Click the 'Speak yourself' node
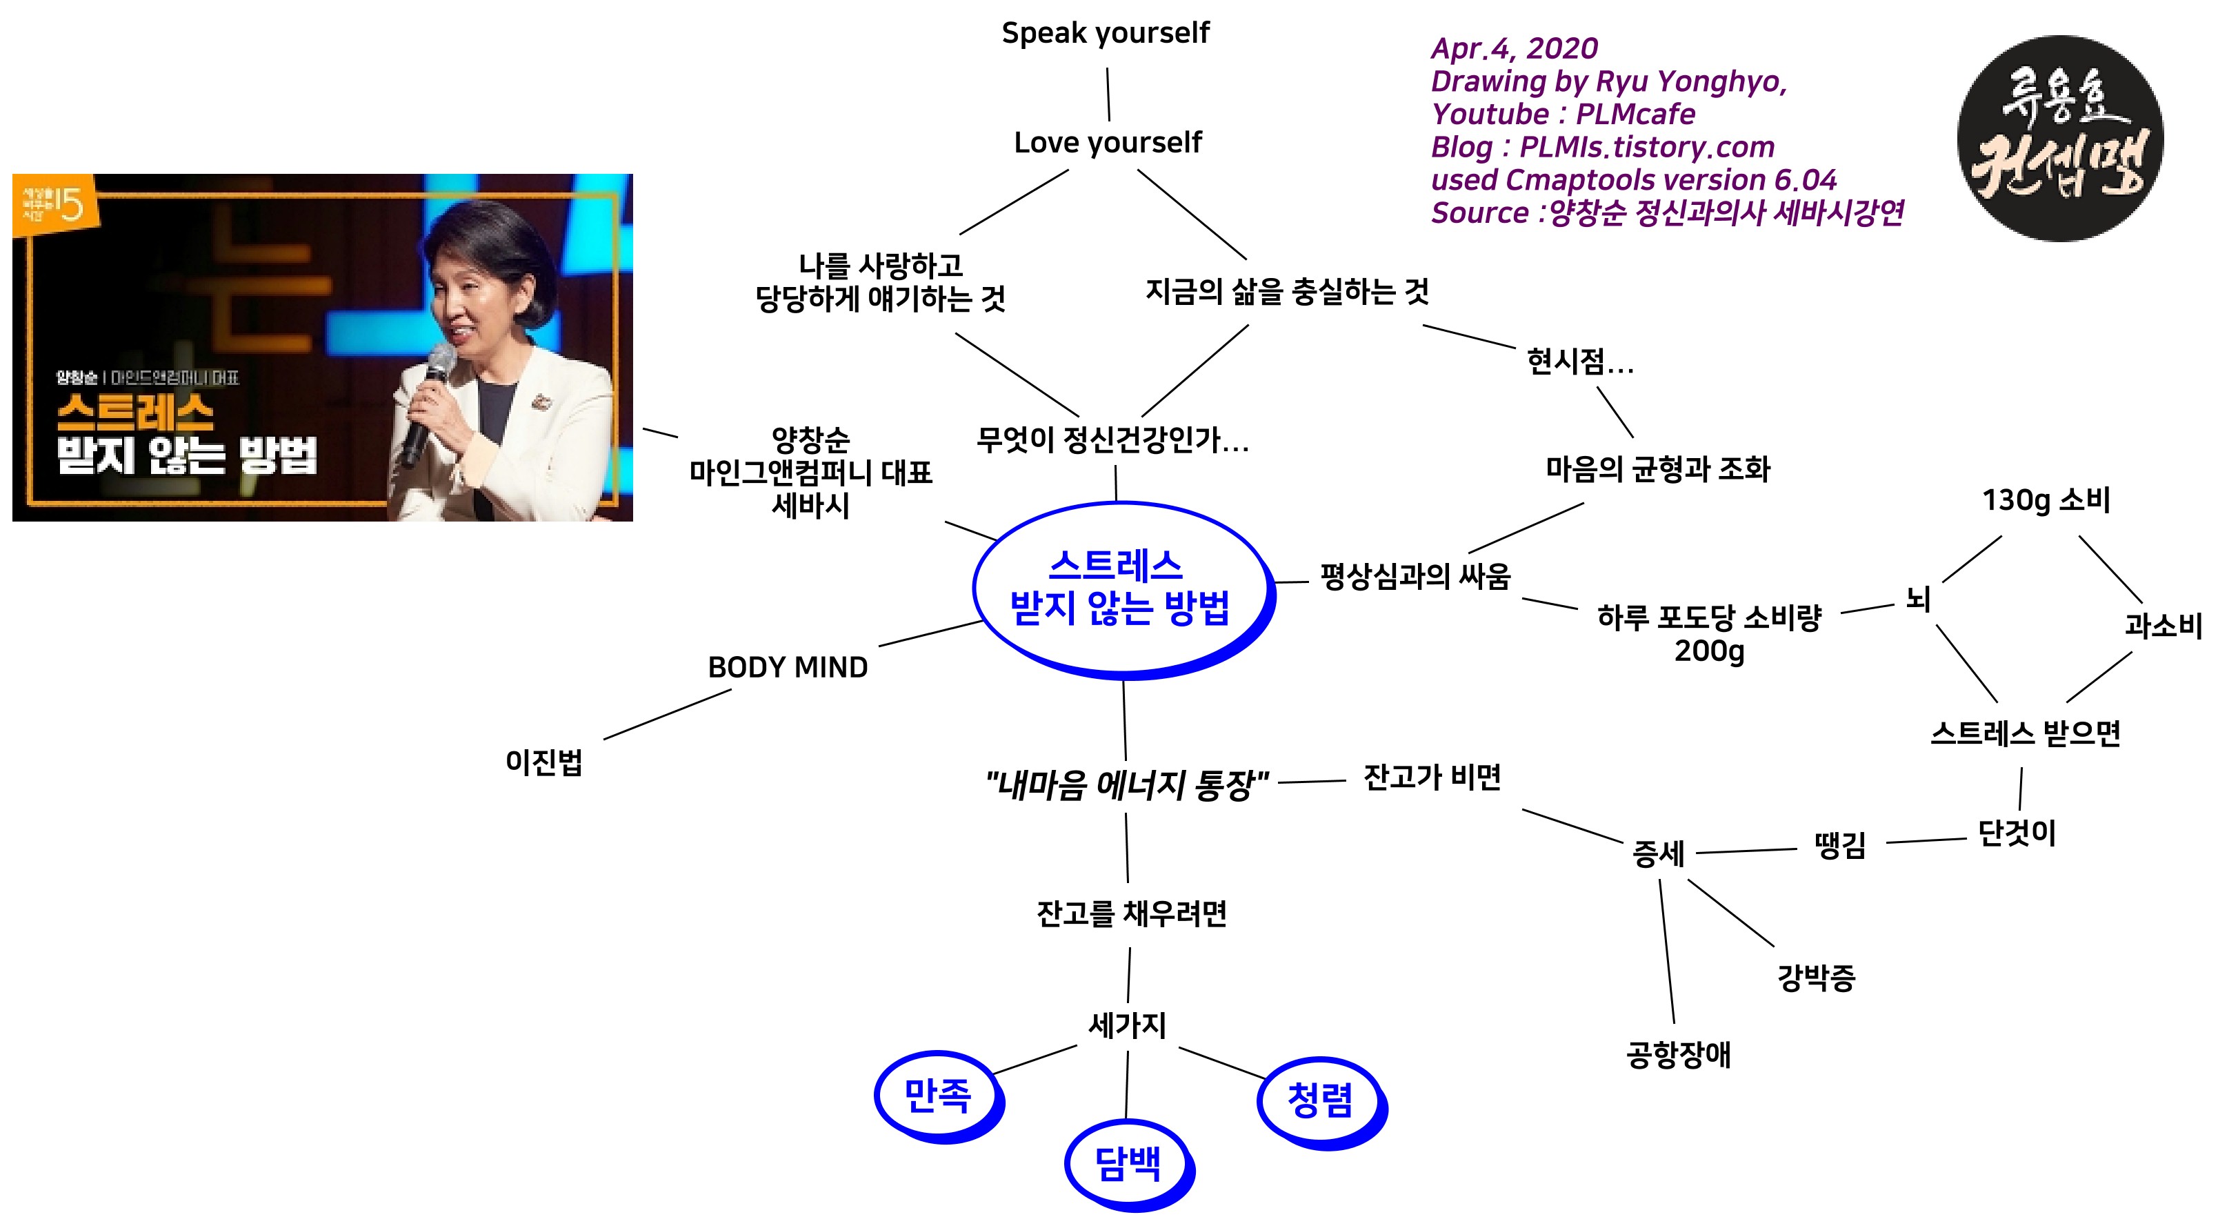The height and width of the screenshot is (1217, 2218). coord(1105,32)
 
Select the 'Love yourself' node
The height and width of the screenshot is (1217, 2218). coord(1108,142)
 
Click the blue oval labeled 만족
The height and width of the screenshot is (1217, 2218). coord(938,1096)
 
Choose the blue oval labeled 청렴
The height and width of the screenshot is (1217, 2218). coord(1320,1100)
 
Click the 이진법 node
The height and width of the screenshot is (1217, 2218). coord(543,762)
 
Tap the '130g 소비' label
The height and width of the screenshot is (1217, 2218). coord(2046,499)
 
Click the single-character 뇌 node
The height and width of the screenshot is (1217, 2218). coord(1917,597)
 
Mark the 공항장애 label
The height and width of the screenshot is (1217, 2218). coord(1677,1054)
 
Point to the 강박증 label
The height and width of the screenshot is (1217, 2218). coord(1816,978)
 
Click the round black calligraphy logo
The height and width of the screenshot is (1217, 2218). coord(2059,139)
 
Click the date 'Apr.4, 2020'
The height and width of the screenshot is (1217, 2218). coord(1514,48)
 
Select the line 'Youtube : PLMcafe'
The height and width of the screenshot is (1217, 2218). coord(1563,114)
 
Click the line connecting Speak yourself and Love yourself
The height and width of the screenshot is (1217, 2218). coord(1108,94)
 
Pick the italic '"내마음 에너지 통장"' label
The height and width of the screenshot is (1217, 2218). coord(1126,784)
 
